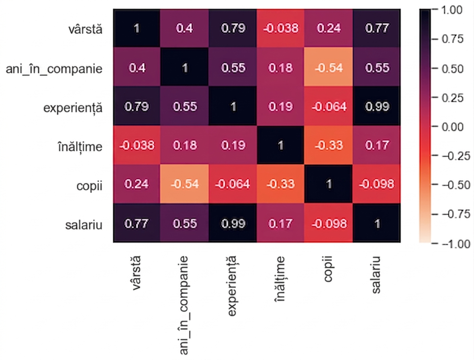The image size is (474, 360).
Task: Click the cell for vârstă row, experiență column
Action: [233, 28]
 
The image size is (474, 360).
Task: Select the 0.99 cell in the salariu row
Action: [233, 223]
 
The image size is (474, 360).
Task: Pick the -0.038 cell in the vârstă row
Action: [280, 28]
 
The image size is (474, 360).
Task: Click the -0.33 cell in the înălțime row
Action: [329, 145]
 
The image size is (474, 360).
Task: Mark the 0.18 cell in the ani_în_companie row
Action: [280, 67]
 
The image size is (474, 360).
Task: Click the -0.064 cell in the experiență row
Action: [329, 106]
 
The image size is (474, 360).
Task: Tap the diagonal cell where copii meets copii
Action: [329, 184]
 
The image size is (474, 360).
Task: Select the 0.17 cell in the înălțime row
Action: [377, 145]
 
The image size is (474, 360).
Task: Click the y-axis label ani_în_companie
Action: [54, 69]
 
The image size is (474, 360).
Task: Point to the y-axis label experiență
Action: [73, 108]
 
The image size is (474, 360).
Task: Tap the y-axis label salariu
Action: [84, 225]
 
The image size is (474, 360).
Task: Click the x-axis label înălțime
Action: [280, 279]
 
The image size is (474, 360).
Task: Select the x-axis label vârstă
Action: [136, 273]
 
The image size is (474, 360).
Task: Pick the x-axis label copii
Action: [328, 269]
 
